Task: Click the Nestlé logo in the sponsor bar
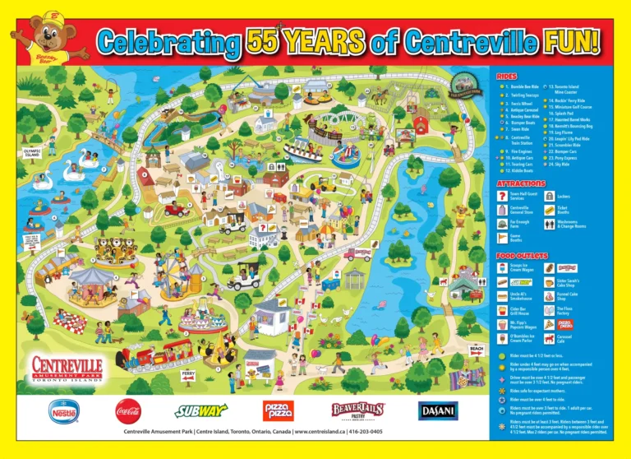(x=65, y=409)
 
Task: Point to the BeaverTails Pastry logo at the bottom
(x=357, y=409)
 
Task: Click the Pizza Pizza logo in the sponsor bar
(x=278, y=410)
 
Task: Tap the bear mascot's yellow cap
(x=53, y=18)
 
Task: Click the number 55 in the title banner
(x=265, y=39)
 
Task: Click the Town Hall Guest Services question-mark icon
(x=502, y=196)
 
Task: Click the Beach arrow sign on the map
(x=477, y=348)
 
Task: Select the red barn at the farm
(x=423, y=124)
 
